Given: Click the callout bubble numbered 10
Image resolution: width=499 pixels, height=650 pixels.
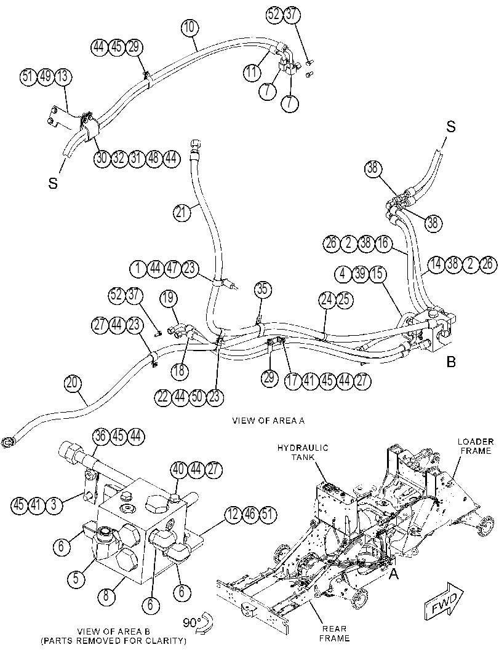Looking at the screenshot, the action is [x=190, y=28].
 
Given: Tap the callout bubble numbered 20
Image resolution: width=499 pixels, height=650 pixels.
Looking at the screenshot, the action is [x=73, y=384].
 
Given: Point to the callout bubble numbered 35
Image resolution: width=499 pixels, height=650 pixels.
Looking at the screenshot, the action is [x=261, y=290].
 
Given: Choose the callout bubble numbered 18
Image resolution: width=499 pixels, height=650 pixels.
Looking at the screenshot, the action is [x=179, y=370].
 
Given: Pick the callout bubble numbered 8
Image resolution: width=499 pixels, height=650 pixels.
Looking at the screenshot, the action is [x=106, y=596].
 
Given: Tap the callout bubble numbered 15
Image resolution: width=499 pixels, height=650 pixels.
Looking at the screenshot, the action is [x=377, y=274].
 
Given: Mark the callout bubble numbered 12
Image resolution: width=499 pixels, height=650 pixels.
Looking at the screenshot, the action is [x=234, y=515].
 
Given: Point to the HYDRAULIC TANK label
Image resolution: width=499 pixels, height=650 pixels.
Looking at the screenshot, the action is [x=303, y=452].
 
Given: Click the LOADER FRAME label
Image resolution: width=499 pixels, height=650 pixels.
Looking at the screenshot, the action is [x=476, y=446].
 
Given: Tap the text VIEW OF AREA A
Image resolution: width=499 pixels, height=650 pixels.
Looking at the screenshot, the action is [x=268, y=421].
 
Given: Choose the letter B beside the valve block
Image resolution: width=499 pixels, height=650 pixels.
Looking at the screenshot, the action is [x=451, y=362].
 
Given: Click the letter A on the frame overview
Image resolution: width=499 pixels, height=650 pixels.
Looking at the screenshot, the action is [x=393, y=575].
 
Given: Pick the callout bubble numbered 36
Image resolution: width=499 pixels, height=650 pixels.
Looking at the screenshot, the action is [x=100, y=435].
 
